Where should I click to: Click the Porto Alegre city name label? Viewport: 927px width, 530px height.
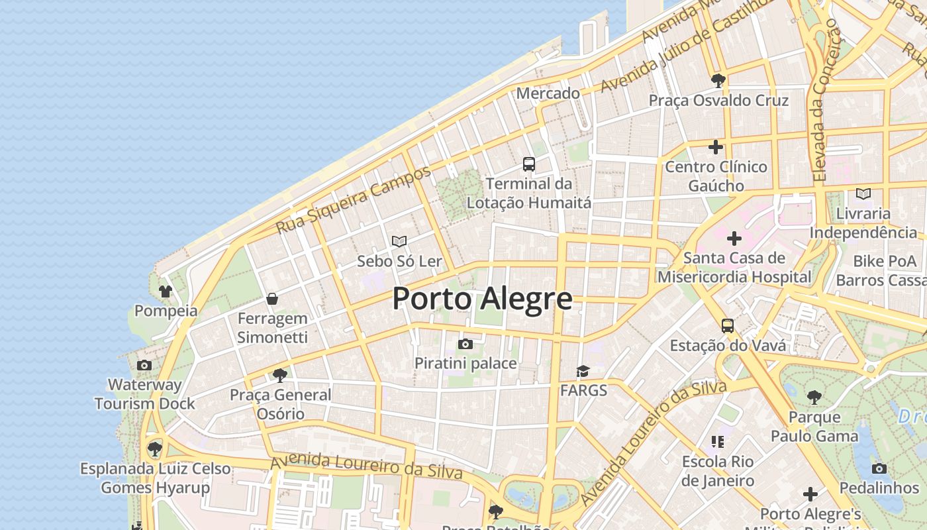tap(482, 299)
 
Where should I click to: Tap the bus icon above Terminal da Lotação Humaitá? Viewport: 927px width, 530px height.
tap(528, 164)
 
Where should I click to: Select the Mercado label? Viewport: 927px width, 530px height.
tap(548, 93)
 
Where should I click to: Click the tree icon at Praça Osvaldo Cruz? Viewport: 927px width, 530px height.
tap(718, 81)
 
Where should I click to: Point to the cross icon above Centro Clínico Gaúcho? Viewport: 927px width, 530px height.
tap(715, 146)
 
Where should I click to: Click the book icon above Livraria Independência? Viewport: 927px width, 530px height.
tap(863, 193)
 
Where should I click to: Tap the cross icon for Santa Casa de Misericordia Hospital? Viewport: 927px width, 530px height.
tap(734, 238)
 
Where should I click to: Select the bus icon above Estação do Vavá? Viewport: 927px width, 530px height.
tap(727, 325)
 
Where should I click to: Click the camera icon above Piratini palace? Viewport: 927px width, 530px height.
tap(465, 344)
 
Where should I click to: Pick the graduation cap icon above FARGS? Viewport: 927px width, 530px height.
tap(583, 371)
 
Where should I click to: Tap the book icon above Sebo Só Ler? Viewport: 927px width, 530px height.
tap(399, 241)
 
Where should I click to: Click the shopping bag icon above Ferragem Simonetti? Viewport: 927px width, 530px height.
tap(271, 299)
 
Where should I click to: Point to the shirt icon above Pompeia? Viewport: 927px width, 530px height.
tap(165, 291)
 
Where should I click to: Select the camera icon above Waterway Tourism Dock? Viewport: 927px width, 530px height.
tap(144, 365)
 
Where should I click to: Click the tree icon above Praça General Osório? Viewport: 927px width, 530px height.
tap(279, 376)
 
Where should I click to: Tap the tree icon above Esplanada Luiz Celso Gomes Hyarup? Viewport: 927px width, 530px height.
tap(155, 449)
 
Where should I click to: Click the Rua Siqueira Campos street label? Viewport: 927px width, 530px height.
tap(353, 200)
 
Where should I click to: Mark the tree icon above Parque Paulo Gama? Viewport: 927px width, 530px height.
tap(814, 397)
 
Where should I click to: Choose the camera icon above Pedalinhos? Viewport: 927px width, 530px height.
tap(879, 468)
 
